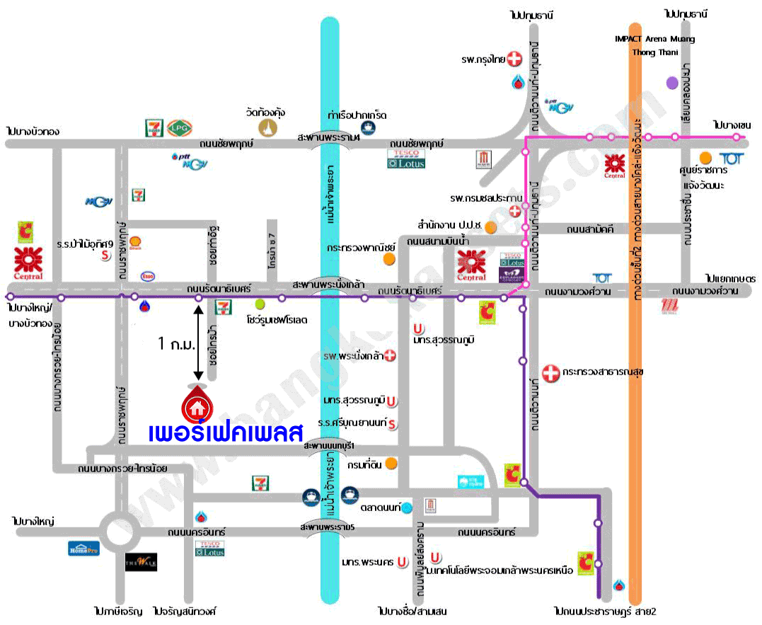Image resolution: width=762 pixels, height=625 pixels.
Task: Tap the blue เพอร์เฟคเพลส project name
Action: point(226,430)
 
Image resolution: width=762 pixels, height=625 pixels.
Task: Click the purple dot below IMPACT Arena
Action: point(671,83)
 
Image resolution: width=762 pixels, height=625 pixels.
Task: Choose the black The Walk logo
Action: point(141,563)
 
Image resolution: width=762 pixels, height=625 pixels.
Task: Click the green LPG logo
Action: point(181,127)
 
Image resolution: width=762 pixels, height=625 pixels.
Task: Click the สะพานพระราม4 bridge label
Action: point(329,138)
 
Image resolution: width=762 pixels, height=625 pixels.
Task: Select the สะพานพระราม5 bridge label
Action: point(326,527)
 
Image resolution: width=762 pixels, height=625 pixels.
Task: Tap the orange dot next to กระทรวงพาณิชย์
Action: point(388,259)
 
